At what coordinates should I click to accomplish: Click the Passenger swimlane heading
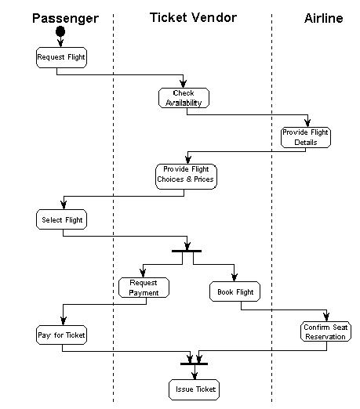click(x=65, y=19)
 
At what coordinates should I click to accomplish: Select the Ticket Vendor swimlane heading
click(x=193, y=18)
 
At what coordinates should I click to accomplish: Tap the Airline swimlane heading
click(x=324, y=19)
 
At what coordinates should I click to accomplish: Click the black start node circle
click(x=60, y=31)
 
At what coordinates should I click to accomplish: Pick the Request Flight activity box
click(x=61, y=57)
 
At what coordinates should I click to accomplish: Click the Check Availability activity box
click(x=184, y=98)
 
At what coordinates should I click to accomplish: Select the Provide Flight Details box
click(x=306, y=137)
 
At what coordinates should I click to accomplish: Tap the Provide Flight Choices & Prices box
click(x=186, y=176)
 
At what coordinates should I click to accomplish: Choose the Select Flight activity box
click(x=61, y=219)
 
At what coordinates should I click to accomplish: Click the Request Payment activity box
click(x=144, y=288)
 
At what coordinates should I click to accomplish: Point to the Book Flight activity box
click(x=235, y=291)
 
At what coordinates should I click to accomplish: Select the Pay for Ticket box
click(x=61, y=335)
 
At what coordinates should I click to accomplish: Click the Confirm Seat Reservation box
click(x=325, y=331)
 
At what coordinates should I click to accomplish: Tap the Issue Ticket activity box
click(x=194, y=389)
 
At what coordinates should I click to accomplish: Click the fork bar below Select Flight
click(x=187, y=251)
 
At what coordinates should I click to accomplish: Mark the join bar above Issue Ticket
click(x=194, y=364)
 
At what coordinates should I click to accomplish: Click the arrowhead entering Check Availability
click(x=184, y=84)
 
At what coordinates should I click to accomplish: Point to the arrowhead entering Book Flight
click(x=235, y=277)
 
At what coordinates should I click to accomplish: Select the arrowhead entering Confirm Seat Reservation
click(x=326, y=317)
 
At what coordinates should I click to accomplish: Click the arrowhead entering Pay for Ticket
click(x=64, y=321)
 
